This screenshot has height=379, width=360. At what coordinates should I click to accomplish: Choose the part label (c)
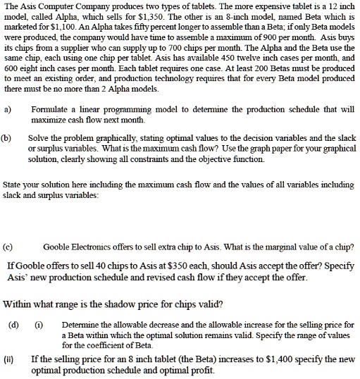[x=9, y=247]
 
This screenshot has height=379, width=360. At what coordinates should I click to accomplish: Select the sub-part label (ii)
[x=13, y=359]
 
